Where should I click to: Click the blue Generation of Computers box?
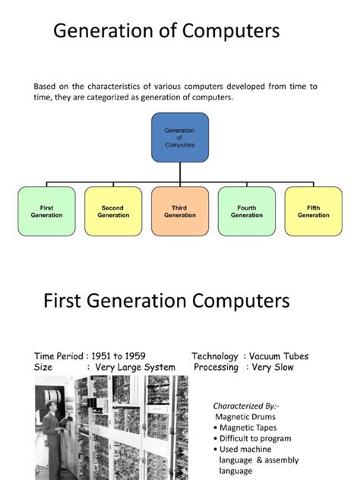180,137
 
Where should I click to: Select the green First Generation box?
46,211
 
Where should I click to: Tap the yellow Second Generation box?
113,211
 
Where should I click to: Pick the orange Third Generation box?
180,211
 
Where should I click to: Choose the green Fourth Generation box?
246,211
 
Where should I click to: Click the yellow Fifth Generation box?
313,211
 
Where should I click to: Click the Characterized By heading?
245,406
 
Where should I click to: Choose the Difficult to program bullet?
254,438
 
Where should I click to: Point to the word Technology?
215,356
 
